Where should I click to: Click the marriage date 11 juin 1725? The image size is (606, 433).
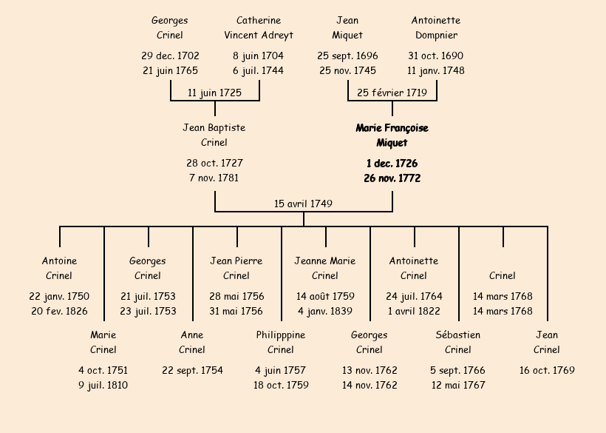coord(214,93)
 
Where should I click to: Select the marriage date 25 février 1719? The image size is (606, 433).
coord(392,93)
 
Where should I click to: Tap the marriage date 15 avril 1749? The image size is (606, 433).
coord(303,204)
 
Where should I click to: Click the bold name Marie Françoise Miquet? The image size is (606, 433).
coord(392,135)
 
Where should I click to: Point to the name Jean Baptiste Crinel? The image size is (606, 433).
coord(214,135)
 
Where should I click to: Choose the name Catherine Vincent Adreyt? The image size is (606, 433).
coord(259,27)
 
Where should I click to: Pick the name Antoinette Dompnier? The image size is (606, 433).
coord(436,27)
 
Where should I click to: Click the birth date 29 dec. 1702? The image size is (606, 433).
coord(170,56)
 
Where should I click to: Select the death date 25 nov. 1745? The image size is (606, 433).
coord(347,71)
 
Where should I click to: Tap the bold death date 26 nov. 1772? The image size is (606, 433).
coord(392,178)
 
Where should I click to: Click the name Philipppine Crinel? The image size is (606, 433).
coord(281,343)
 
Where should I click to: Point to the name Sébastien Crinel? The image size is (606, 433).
coord(458,343)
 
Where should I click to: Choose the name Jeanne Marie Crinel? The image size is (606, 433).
coord(325,269)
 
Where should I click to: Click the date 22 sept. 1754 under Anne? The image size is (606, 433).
coord(192,370)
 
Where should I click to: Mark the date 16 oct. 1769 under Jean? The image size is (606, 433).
coord(547,370)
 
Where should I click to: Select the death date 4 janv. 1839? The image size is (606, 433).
coord(325,312)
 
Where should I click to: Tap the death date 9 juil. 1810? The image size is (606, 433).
coord(103,385)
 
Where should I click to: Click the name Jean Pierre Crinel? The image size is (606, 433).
coord(236,269)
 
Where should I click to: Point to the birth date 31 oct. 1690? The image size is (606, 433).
coord(436,56)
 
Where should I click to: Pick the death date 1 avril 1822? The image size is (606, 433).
coord(414,312)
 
